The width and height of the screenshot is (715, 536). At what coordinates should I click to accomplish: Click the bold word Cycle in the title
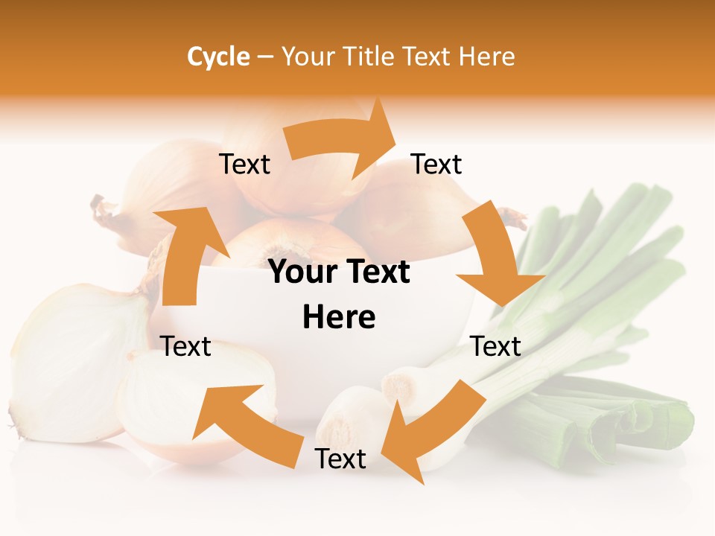[218, 57]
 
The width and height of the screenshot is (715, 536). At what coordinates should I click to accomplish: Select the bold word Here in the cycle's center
[339, 318]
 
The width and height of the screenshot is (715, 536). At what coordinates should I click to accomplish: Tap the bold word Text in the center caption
[378, 272]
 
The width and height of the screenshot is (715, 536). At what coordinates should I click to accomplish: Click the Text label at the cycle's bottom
[340, 459]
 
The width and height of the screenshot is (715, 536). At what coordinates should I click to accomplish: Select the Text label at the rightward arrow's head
[436, 164]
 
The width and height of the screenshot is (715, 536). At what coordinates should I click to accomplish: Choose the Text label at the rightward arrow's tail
[244, 164]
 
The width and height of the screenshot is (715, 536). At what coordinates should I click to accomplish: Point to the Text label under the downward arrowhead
[496, 346]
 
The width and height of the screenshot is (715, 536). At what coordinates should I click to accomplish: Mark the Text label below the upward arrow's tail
[186, 346]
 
